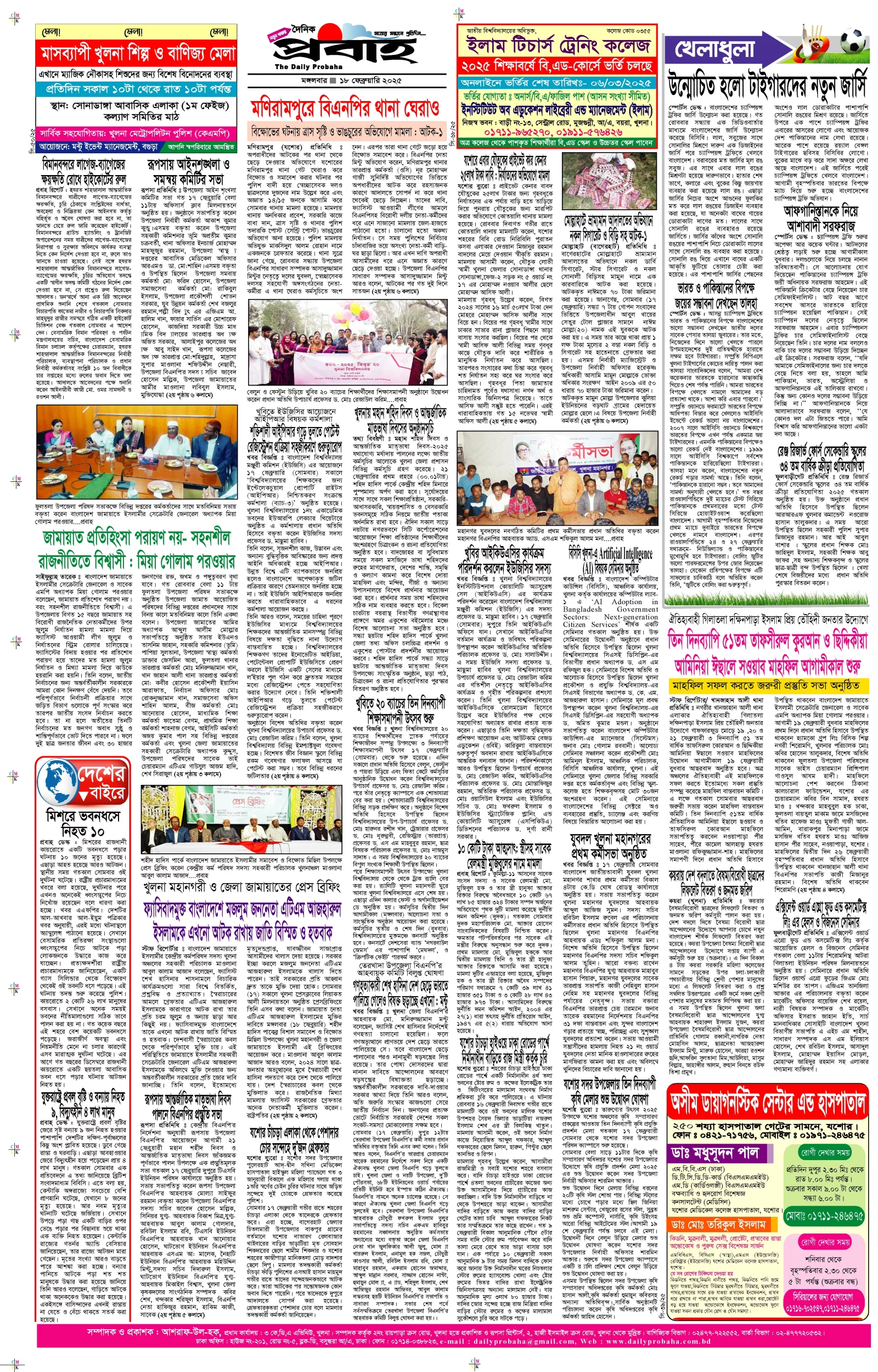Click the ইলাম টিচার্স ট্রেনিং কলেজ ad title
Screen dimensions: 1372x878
[x=558, y=46]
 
